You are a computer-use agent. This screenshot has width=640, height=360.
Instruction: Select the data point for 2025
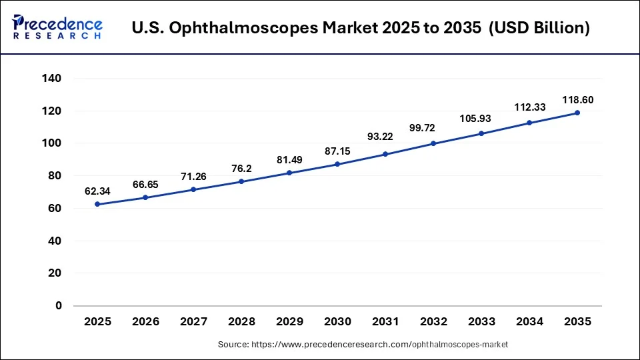tap(97, 204)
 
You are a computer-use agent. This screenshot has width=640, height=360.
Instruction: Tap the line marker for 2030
tap(337, 164)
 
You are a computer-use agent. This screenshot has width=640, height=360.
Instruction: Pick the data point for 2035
tap(577, 113)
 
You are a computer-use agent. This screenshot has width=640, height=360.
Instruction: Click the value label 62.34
tap(97, 191)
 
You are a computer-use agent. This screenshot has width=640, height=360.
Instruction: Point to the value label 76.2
tap(241, 169)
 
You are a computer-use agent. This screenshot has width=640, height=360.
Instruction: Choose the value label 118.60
tap(577, 100)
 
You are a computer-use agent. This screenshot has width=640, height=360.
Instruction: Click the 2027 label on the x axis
tap(193, 321)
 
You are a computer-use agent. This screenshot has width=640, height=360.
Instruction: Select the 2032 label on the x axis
tap(433, 321)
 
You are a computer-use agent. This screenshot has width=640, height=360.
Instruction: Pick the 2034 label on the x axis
tap(529, 321)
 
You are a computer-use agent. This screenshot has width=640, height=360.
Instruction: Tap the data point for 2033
tap(481, 133)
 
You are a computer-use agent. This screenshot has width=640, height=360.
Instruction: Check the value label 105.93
tap(481, 119)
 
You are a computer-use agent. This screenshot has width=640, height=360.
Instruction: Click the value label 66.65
tap(145, 184)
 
